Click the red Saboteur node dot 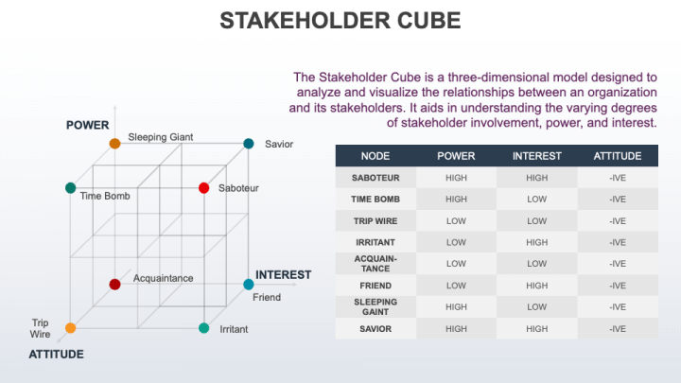(203, 188)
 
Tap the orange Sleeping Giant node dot (114, 144)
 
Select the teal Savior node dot (249, 144)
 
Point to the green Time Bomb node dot (70, 188)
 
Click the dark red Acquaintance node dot (114, 284)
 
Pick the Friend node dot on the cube (249, 284)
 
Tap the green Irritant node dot (203, 328)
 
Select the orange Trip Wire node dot (70, 328)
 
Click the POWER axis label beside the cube (87, 125)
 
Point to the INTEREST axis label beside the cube (283, 275)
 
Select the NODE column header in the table (375, 156)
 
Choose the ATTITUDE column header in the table (618, 156)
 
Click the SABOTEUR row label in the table (375, 178)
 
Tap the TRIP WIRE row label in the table (375, 221)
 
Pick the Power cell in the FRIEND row (456, 286)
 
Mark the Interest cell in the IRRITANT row (536, 242)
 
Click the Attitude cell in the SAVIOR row (618, 329)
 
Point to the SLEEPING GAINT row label (375, 307)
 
